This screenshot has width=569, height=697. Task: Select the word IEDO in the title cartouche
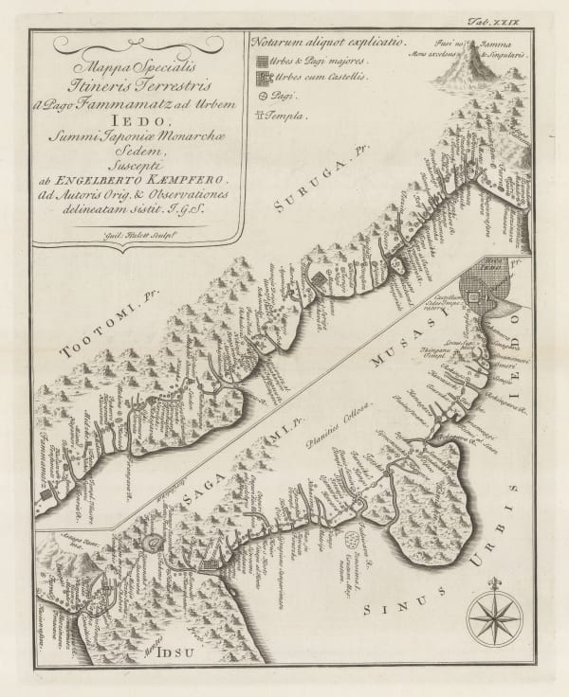[x=139, y=120]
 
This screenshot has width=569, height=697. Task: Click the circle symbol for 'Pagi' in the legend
[x=262, y=96]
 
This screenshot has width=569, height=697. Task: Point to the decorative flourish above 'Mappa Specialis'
[x=138, y=43]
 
